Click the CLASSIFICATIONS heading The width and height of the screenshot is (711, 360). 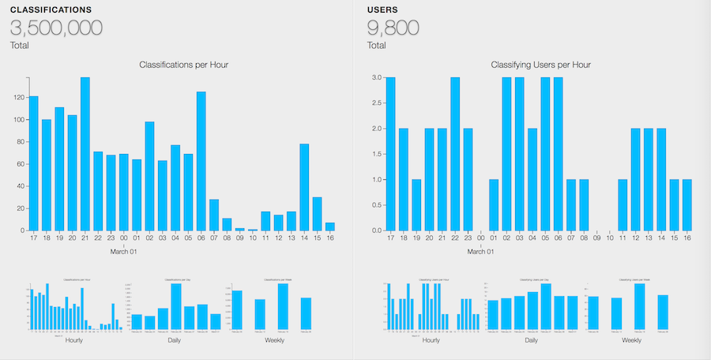[51, 9]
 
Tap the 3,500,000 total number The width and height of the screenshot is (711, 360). [56, 28]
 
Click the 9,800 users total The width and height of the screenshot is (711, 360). [400, 28]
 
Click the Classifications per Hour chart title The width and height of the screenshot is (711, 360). [184, 65]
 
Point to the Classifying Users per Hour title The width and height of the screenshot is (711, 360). [541, 65]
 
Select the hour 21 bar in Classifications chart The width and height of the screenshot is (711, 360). [85, 154]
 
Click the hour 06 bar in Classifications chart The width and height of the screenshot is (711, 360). [201, 161]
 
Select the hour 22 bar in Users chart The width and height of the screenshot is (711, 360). [455, 154]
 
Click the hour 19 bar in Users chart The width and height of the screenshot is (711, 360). [416, 204]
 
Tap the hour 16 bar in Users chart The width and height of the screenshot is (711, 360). [687, 204]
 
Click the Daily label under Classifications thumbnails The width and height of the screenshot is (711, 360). [175, 340]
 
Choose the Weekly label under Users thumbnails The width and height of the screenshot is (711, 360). [631, 340]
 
